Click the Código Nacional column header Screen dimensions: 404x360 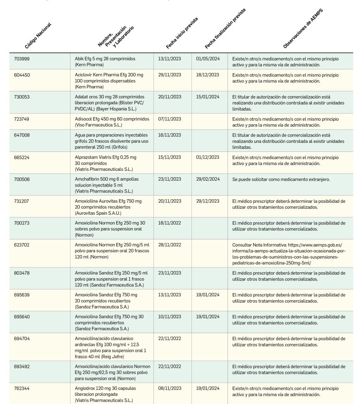(38, 36)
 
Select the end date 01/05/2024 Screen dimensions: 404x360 (207, 59)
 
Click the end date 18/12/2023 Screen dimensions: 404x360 (207, 75)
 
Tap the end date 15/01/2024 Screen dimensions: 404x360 (207, 97)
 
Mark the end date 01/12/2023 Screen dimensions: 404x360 (207, 157)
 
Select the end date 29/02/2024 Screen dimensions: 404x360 (207, 179)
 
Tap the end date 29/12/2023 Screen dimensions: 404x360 (207, 201)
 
